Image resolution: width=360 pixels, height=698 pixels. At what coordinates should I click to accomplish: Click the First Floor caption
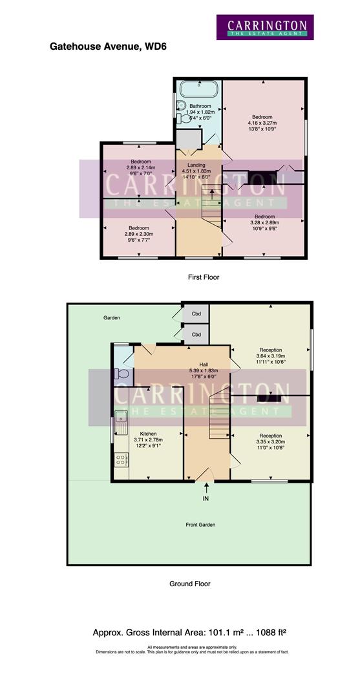point(204,277)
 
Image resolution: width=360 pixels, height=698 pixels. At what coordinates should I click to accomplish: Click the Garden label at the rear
point(112,318)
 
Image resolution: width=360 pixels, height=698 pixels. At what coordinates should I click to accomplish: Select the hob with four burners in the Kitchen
point(120,460)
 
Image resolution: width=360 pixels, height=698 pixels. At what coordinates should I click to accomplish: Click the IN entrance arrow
point(206,491)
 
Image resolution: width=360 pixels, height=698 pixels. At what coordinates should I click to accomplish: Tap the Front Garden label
point(202,525)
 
